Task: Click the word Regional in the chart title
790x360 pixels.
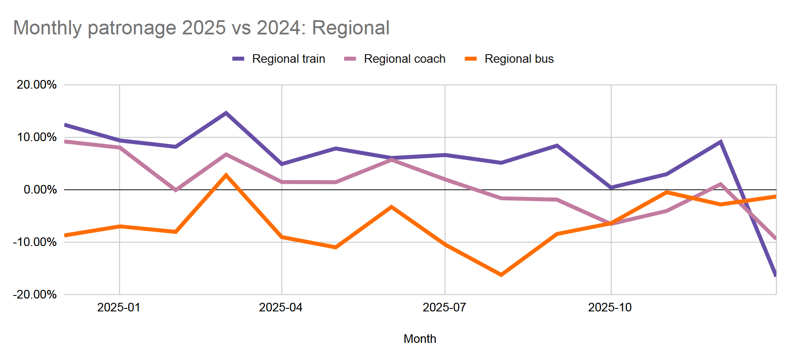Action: click(350, 28)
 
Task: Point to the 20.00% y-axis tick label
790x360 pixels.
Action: click(37, 85)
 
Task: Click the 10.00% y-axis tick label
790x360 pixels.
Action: click(37, 137)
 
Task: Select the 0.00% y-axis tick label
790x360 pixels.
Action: click(40, 190)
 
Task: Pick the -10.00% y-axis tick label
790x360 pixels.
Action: click(35, 242)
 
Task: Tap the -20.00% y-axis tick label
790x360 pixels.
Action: click(35, 295)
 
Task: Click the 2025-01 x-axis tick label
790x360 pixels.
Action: click(119, 308)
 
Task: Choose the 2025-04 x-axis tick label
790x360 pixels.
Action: click(281, 308)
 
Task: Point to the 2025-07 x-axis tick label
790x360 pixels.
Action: click(444, 308)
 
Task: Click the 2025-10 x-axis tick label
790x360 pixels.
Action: click(610, 308)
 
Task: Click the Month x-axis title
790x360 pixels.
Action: click(420, 339)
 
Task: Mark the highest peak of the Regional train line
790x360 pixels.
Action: click(226, 113)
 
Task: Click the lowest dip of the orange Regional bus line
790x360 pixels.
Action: click(501, 274)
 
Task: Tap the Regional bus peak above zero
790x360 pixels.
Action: click(226, 175)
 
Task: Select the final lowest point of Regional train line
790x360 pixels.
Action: click(775, 275)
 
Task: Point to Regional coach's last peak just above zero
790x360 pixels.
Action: click(720, 184)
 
